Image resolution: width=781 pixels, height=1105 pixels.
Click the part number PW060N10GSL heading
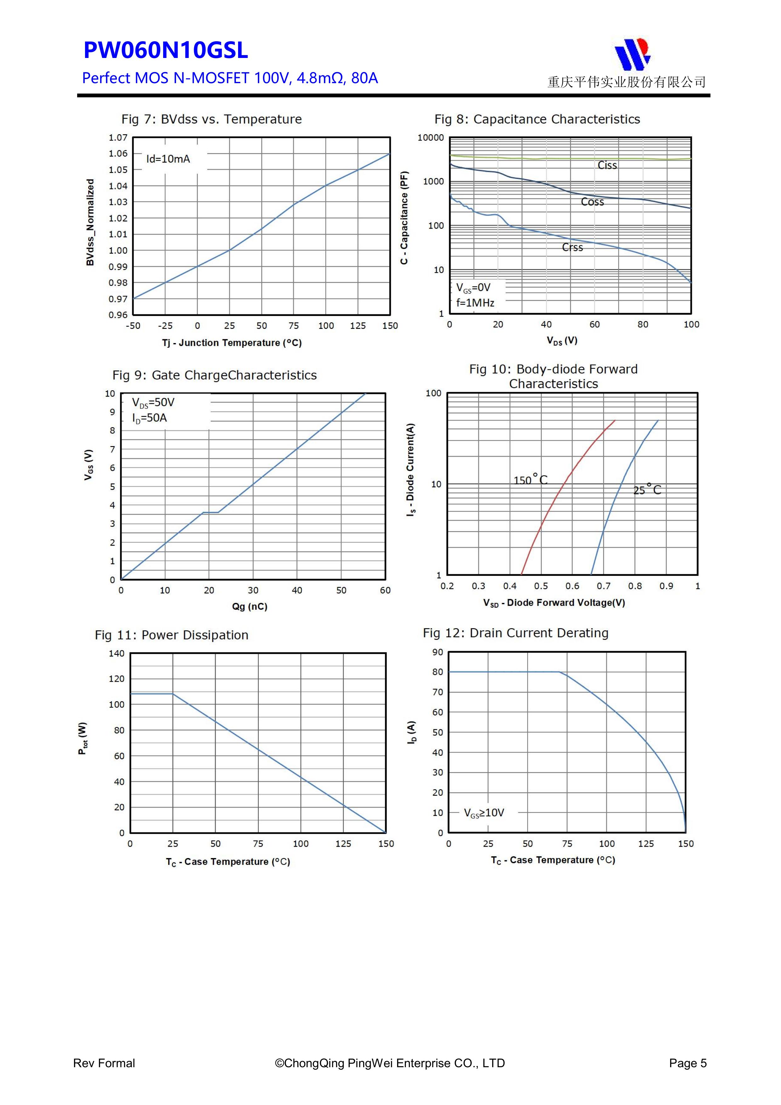coord(166,50)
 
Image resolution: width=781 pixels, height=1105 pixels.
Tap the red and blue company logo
coord(632,54)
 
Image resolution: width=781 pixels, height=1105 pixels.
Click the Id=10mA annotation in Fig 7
coord(168,159)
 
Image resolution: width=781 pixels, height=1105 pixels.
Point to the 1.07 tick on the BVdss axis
coord(118,138)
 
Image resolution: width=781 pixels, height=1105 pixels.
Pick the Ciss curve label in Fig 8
coord(607,165)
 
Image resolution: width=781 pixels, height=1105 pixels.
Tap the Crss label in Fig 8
coord(572,247)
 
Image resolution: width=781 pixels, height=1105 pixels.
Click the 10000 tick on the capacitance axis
coord(431,138)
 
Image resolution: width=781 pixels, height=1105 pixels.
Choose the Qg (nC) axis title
coord(250,606)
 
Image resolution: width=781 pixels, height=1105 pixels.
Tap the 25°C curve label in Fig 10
coord(647,490)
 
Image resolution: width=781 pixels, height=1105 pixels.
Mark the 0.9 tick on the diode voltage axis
coord(666,586)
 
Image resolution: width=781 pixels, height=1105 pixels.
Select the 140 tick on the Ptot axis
coord(117,654)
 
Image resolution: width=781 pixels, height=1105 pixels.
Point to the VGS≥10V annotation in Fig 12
coord(484,813)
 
